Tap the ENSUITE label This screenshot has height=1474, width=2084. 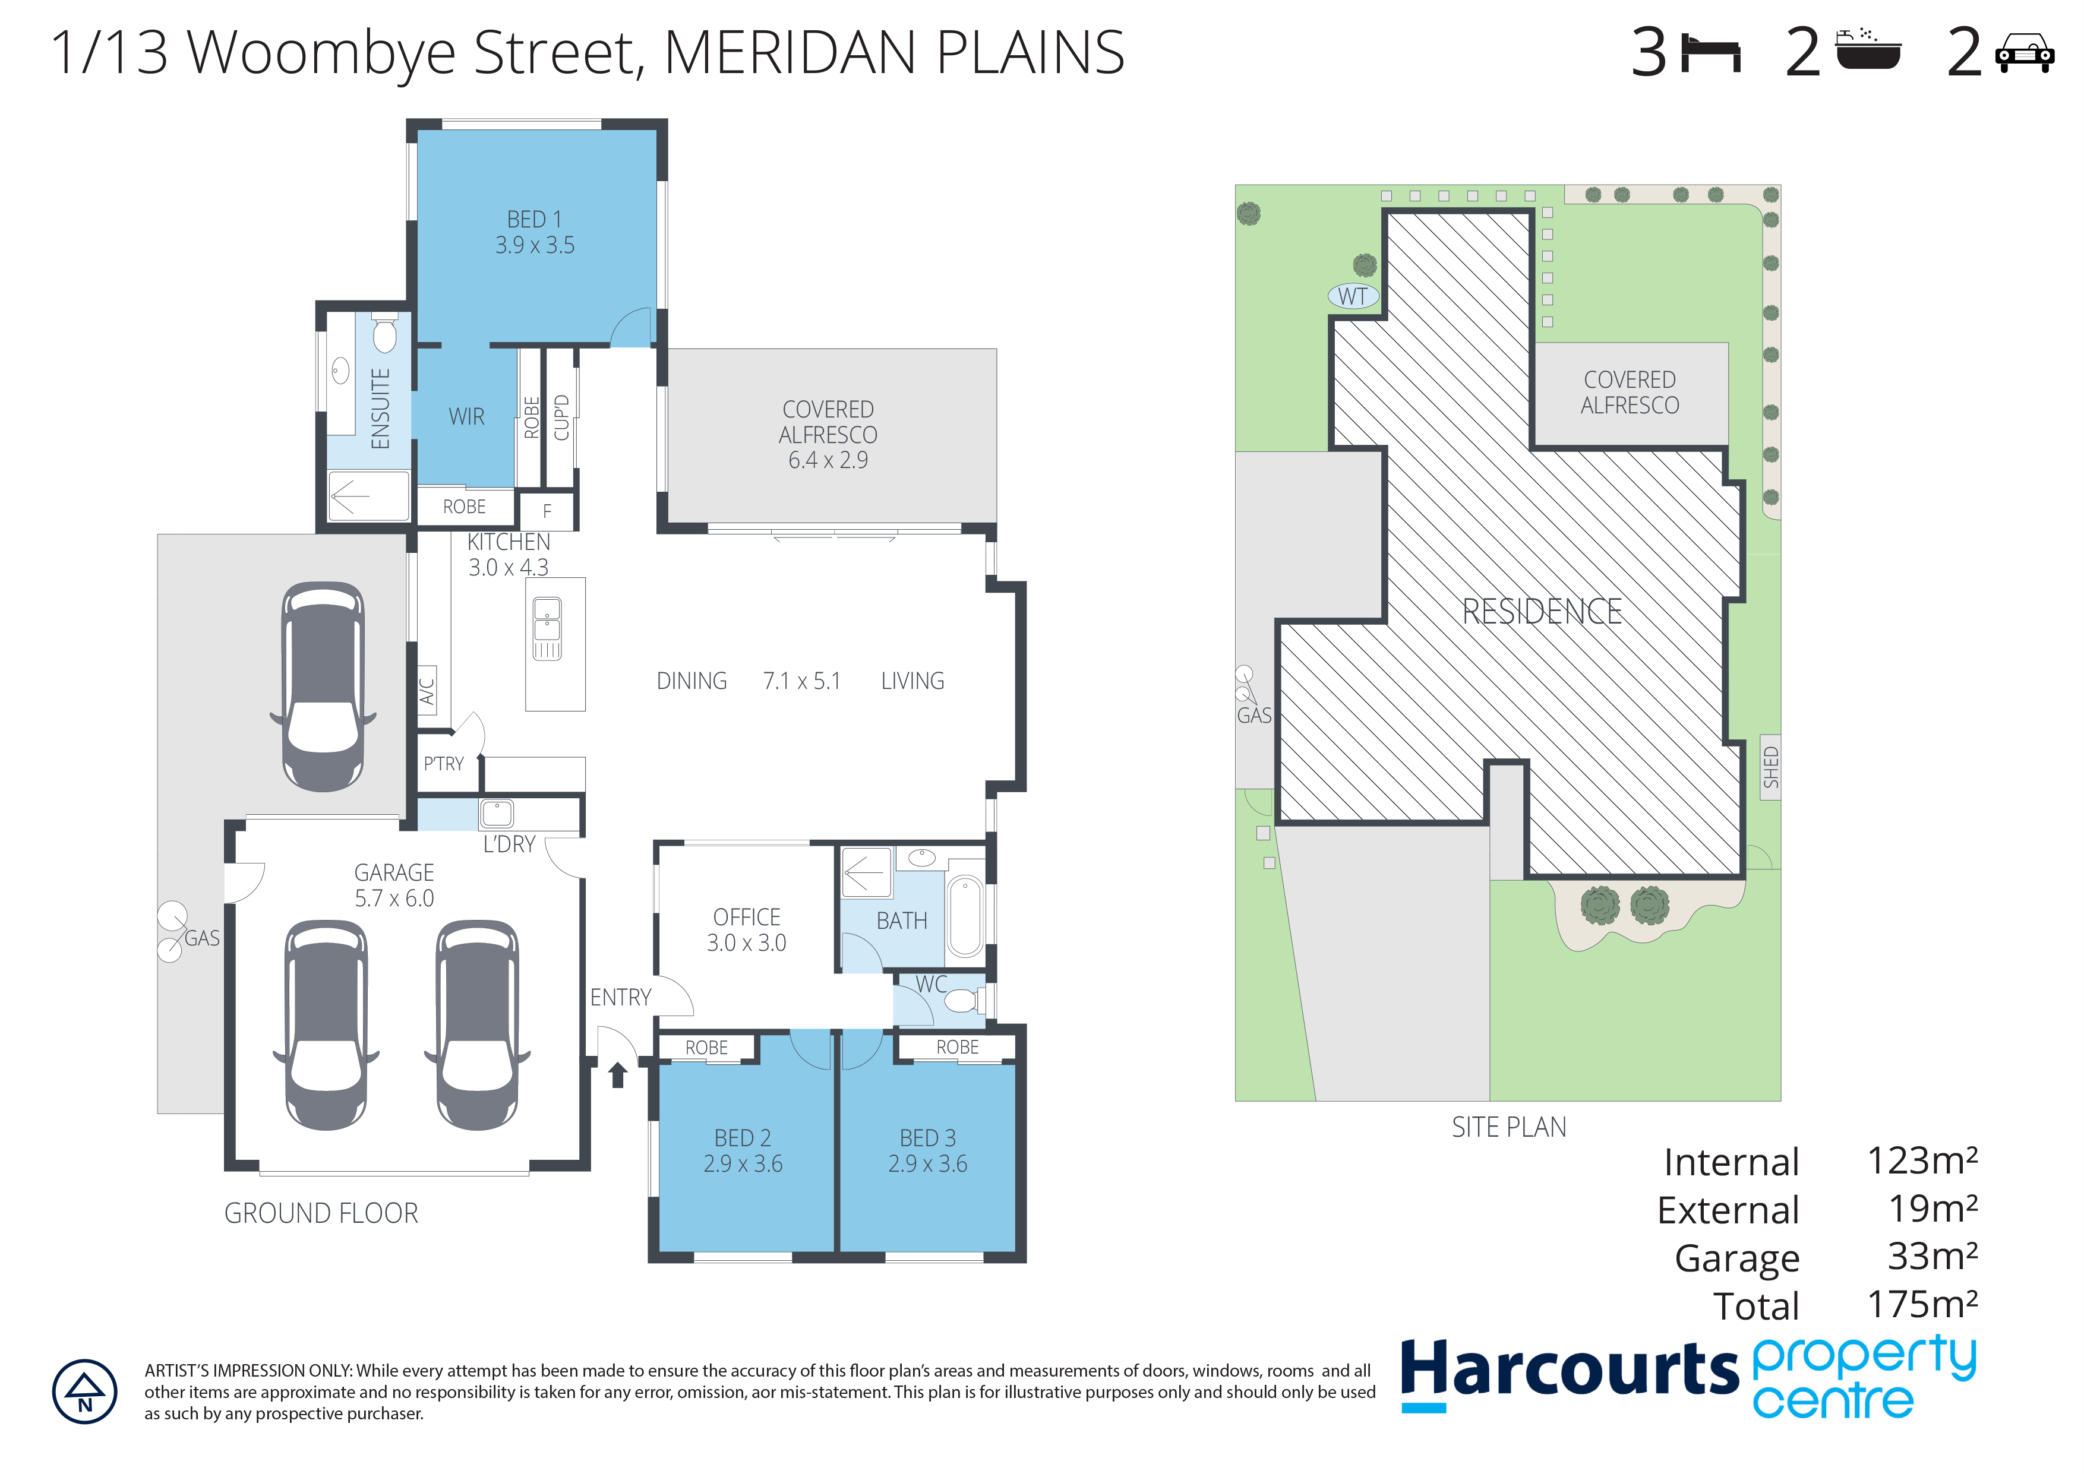[380, 409]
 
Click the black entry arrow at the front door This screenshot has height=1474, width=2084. [618, 1075]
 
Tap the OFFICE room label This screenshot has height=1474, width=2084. [746, 917]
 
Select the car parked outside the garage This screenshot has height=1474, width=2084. [323, 685]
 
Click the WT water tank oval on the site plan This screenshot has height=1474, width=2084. [1353, 296]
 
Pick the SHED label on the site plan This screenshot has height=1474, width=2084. [1771, 767]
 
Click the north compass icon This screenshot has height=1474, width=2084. [84, 1391]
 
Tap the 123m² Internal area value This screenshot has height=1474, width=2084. [1922, 1161]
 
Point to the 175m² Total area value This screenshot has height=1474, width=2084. [1922, 1304]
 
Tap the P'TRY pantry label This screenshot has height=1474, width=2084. [444, 764]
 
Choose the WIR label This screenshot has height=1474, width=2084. [466, 417]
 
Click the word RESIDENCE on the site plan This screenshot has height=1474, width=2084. [1542, 612]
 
